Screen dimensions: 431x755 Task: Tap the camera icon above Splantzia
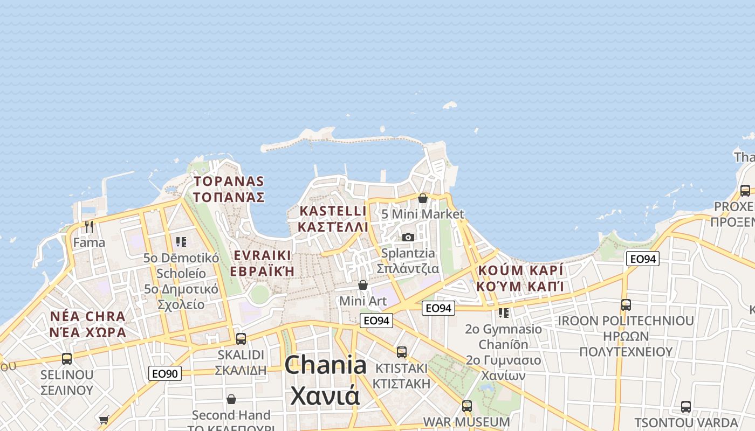[408, 237]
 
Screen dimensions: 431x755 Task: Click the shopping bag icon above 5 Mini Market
[423, 198]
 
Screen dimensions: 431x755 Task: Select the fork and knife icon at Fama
[89, 227]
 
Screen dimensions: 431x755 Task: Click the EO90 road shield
[165, 373]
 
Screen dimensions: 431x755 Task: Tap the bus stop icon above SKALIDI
[241, 338]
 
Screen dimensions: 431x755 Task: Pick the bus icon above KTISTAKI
[402, 352]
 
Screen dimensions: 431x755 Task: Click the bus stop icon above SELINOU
[67, 358]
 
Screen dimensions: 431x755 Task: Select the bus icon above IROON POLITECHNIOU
[626, 305]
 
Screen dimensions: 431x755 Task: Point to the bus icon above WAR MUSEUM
[467, 406]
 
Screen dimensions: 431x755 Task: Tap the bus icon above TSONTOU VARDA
[686, 406]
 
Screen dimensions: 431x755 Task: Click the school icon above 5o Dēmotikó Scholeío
[181, 242]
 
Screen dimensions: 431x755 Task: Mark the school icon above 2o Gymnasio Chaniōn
[504, 312]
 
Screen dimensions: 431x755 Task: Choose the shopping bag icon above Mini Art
[363, 284]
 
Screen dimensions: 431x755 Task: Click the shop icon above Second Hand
[231, 399]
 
